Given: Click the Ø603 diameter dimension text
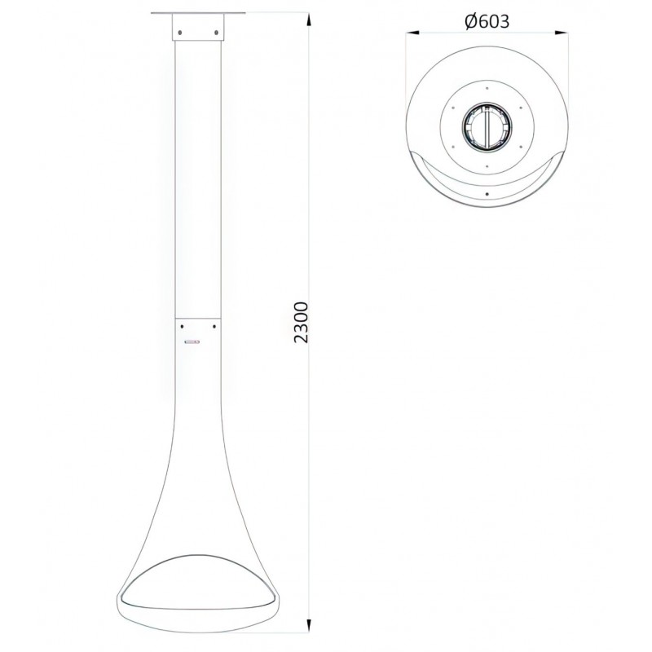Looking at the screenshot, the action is click(x=487, y=22).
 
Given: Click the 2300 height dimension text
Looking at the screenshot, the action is click(x=301, y=322).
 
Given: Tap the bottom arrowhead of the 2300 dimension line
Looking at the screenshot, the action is click(x=309, y=625).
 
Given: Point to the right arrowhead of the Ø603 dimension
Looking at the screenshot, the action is click(x=561, y=33).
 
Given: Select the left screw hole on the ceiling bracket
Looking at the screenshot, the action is click(x=179, y=32).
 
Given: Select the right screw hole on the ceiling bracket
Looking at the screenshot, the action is click(x=216, y=32).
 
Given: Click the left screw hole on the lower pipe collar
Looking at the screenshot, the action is click(x=182, y=327).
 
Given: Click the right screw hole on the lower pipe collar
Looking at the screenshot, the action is click(x=214, y=327).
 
